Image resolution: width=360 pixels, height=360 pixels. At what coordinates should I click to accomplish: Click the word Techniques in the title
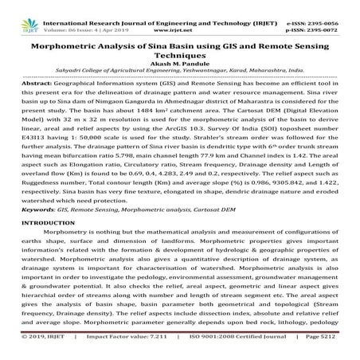tap(180, 56)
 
